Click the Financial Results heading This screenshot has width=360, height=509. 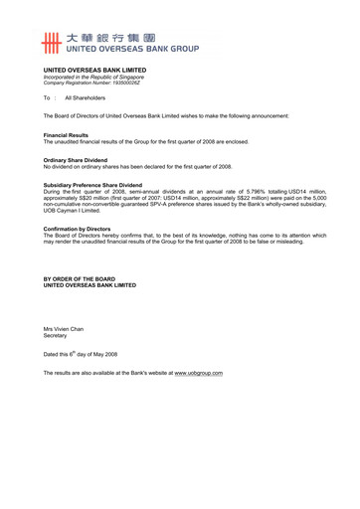pos(66,134)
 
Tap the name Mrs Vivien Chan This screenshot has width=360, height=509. pos(64,328)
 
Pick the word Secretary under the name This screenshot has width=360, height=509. pos(56,335)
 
